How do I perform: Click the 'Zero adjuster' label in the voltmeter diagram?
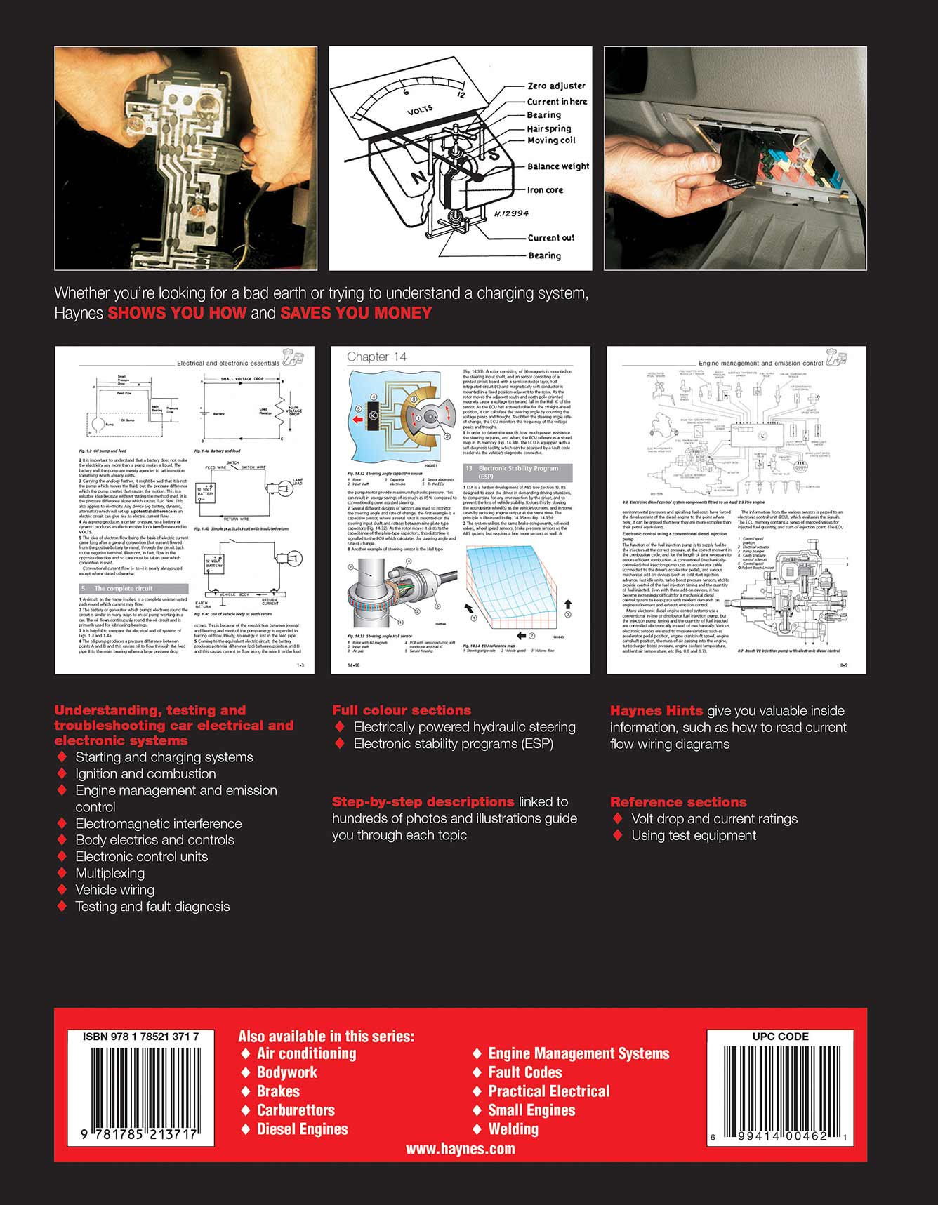[x=556, y=86]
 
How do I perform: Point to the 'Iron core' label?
[x=545, y=190]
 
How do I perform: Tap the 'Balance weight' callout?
[x=558, y=166]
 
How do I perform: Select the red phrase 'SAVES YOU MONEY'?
[x=356, y=314]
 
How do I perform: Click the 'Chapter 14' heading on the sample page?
[x=376, y=357]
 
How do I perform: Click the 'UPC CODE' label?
[x=780, y=1037]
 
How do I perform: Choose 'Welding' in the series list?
[x=513, y=1129]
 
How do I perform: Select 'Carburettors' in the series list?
[x=296, y=1110]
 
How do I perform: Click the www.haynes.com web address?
[x=461, y=1149]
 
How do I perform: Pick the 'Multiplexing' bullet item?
[x=110, y=873]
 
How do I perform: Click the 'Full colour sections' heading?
[x=402, y=710]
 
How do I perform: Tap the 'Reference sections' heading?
[x=678, y=802]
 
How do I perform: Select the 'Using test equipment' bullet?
[x=694, y=835]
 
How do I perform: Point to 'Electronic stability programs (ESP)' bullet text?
[x=454, y=744]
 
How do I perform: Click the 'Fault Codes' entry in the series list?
[x=525, y=1072]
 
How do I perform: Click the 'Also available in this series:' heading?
[x=326, y=1037]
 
